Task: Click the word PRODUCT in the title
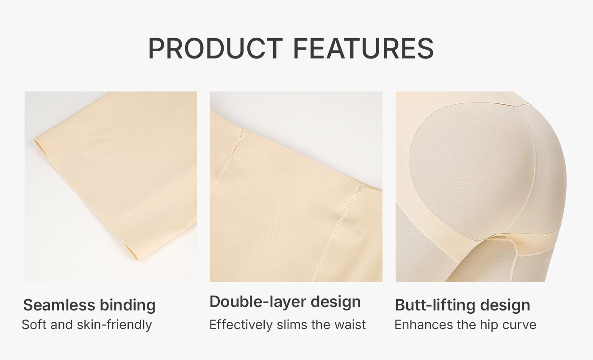point(216,48)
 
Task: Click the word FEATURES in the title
point(363,48)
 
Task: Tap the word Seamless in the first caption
point(59,305)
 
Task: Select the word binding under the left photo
point(127,306)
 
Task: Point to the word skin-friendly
point(114,325)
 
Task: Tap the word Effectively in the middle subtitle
point(241,325)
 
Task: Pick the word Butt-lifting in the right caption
point(435,306)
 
